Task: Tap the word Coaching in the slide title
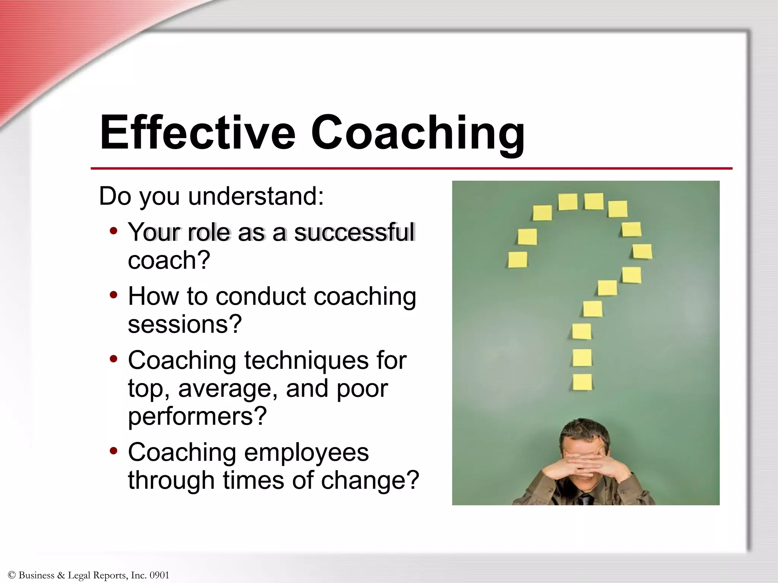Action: tap(417, 134)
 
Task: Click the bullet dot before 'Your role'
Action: tap(113, 230)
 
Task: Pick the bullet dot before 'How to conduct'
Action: tap(113, 295)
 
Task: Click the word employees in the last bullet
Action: tap(306, 452)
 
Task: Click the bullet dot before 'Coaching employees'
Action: tap(113, 451)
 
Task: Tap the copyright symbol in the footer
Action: tap(11, 575)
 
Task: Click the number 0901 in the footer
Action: tap(159, 575)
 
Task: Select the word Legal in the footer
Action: tap(79, 575)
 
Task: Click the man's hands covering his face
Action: tap(585, 465)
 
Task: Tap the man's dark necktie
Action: tap(585, 499)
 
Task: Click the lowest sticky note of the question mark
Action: tap(582, 382)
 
